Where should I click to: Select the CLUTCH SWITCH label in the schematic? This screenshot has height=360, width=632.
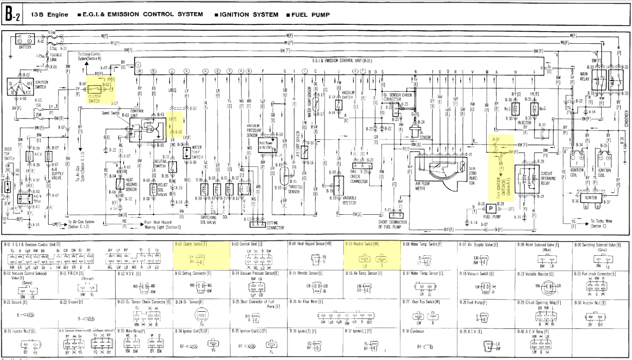(x=94, y=99)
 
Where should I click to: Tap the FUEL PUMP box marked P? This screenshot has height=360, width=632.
(x=490, y=208)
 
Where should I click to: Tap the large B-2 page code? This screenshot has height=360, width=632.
(x=12, y=15)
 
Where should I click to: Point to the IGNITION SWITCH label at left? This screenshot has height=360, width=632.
(x=42, y=84)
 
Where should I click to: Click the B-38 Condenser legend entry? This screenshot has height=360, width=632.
(x=411, y=331)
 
